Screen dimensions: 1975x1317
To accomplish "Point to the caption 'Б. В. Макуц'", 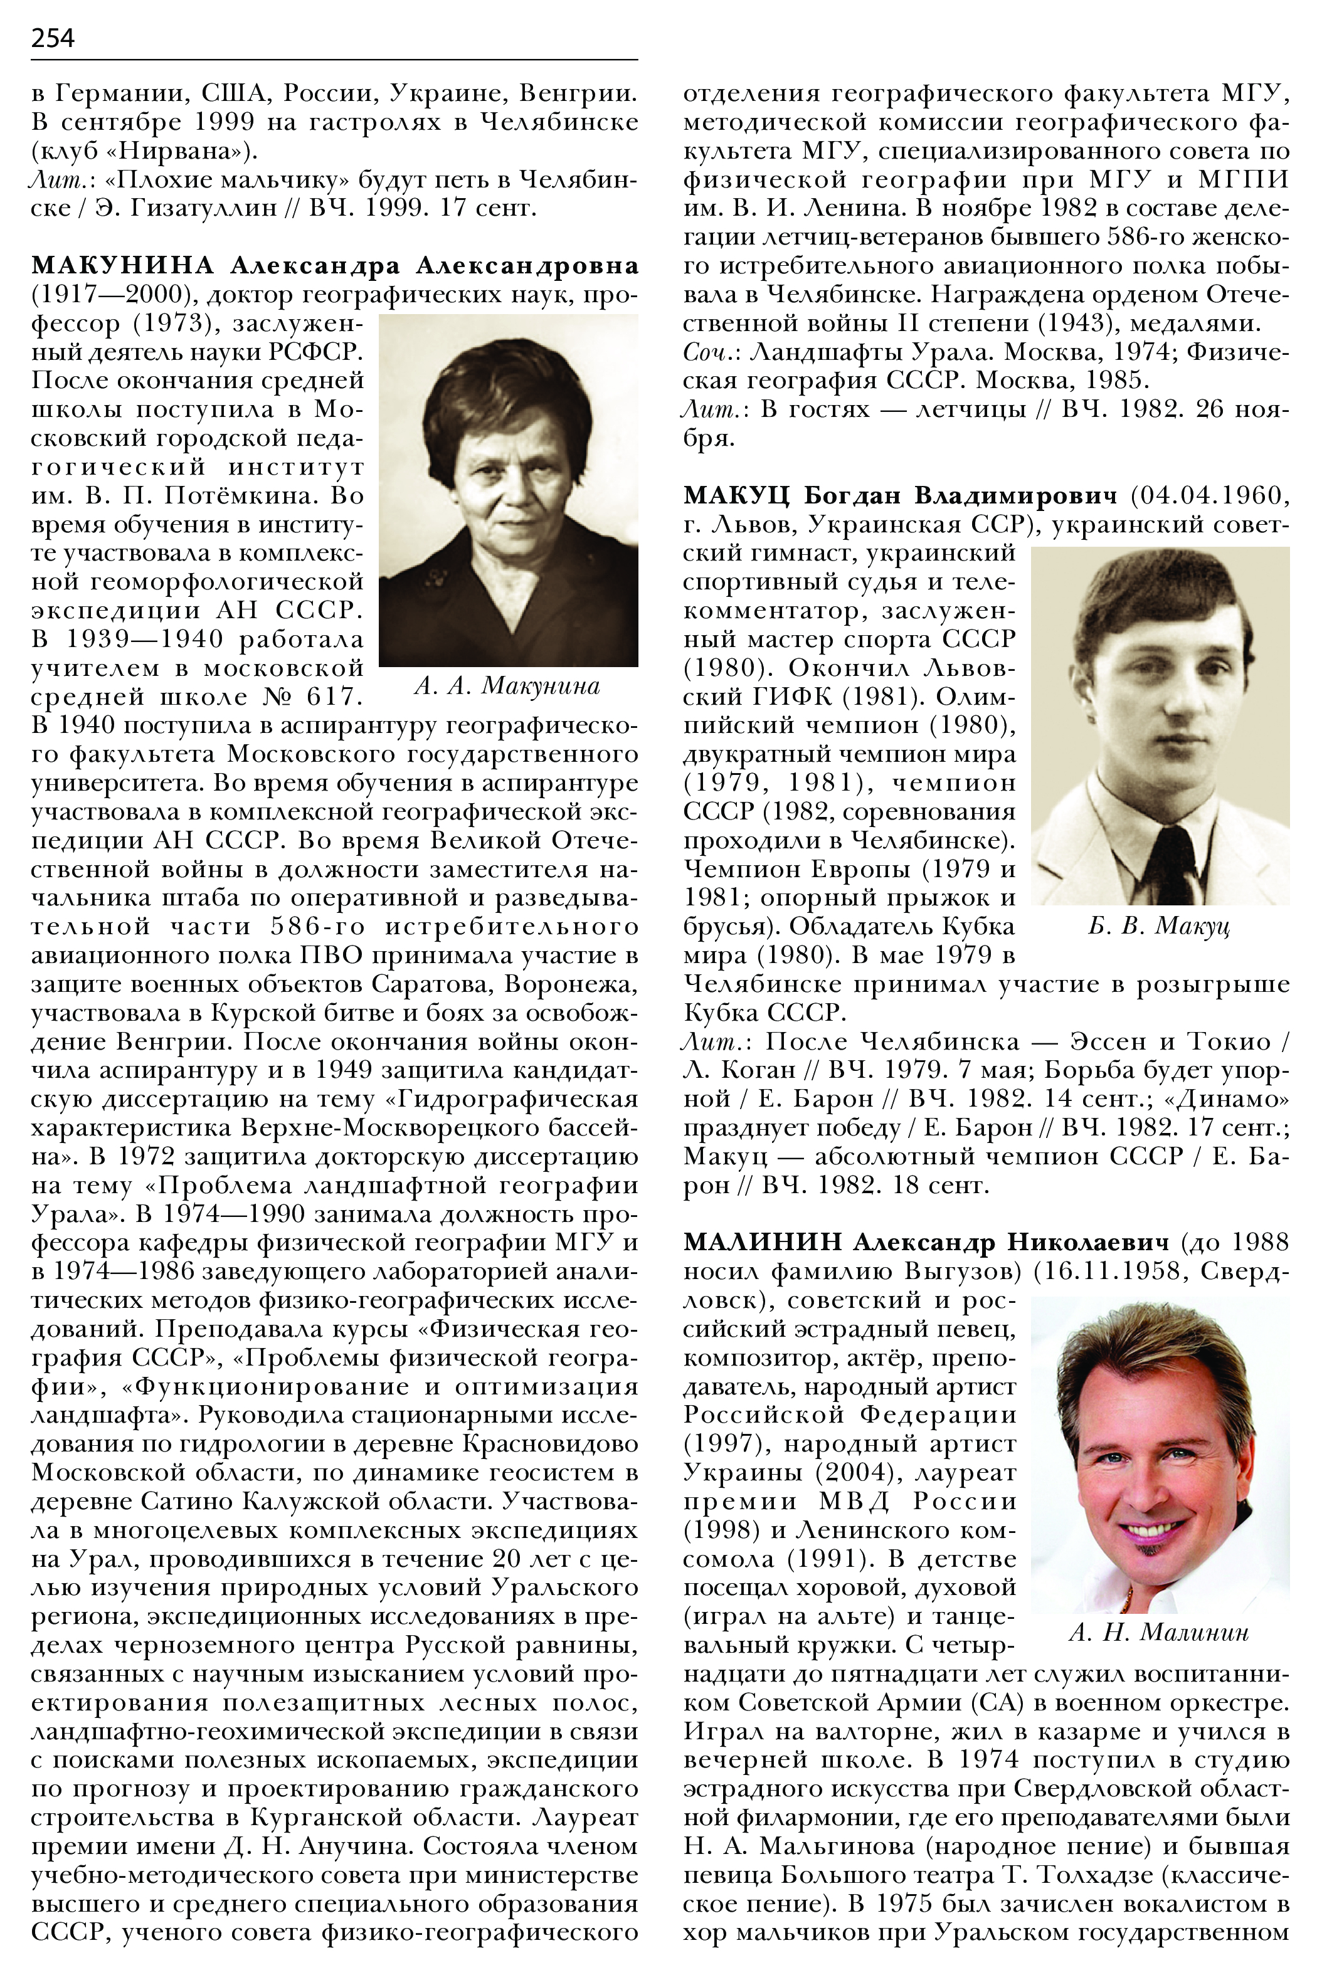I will click(x=1158, y=926).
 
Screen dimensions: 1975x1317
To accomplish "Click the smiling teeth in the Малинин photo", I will click(x=1153, y=1527).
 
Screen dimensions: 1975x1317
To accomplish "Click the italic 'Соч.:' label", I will click(x=711, y=352).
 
